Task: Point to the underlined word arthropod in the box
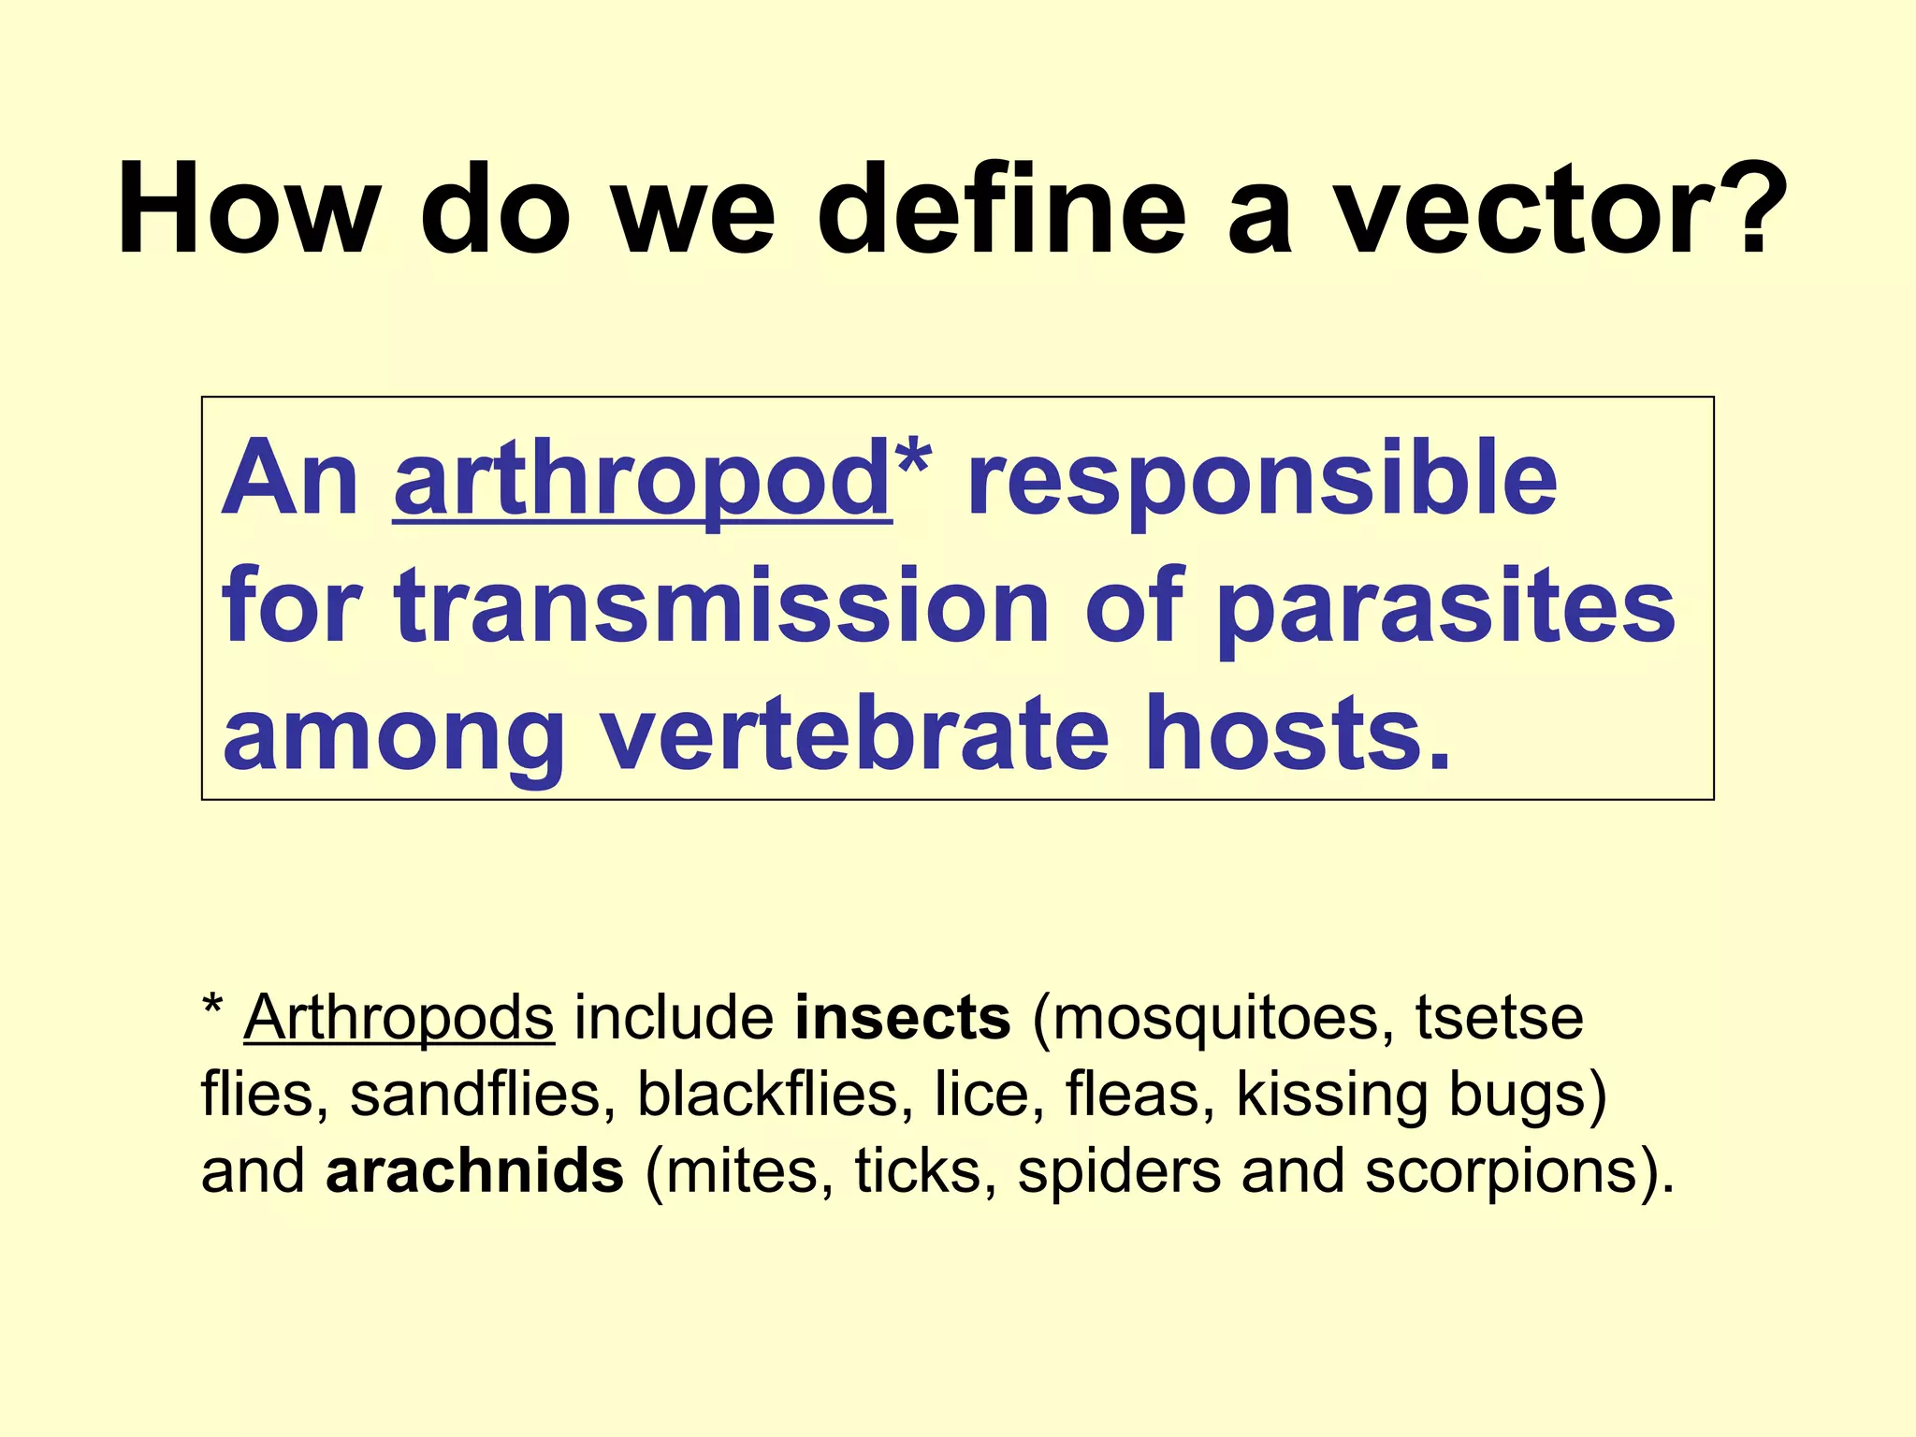pyautogui.click(x=642, y=481)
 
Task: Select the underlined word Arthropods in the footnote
pyautogui.click(x=399, y=1018)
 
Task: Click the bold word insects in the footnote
pyautogui.click(x=903, y=1018)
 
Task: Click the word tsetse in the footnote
pyautogui.click(x=1500, y=1018)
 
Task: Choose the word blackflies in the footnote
pyautogui.click(x=767, y=1094)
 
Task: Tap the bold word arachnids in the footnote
pyautogui.click(x=474, y=1171)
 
